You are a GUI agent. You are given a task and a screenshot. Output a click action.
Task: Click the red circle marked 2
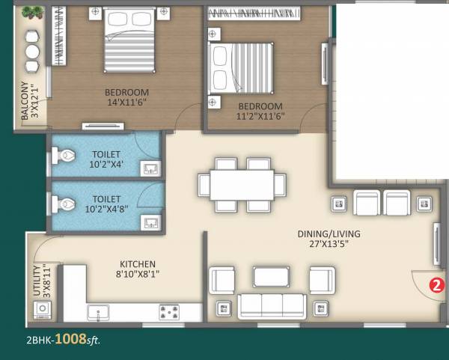click(x=436, y=284)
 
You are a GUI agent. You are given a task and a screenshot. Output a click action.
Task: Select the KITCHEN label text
click(x=138, y=264)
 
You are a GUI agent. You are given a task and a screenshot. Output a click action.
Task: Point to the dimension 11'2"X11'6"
click(x=259, y=117)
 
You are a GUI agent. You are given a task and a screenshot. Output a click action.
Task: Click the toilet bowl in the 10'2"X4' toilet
click(x=65, y=155)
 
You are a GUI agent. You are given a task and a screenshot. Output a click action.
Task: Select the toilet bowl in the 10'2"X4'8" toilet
click(x=65, y=202)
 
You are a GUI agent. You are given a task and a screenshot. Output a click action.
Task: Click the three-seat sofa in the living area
click(x=271, y=305)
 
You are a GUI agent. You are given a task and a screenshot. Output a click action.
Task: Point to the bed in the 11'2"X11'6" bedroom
click(x=242, y=68)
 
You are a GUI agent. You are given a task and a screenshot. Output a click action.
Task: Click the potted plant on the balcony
click(x=32, y=13)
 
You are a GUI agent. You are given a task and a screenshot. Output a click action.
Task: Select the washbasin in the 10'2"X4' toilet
click(x=150, y=167)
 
